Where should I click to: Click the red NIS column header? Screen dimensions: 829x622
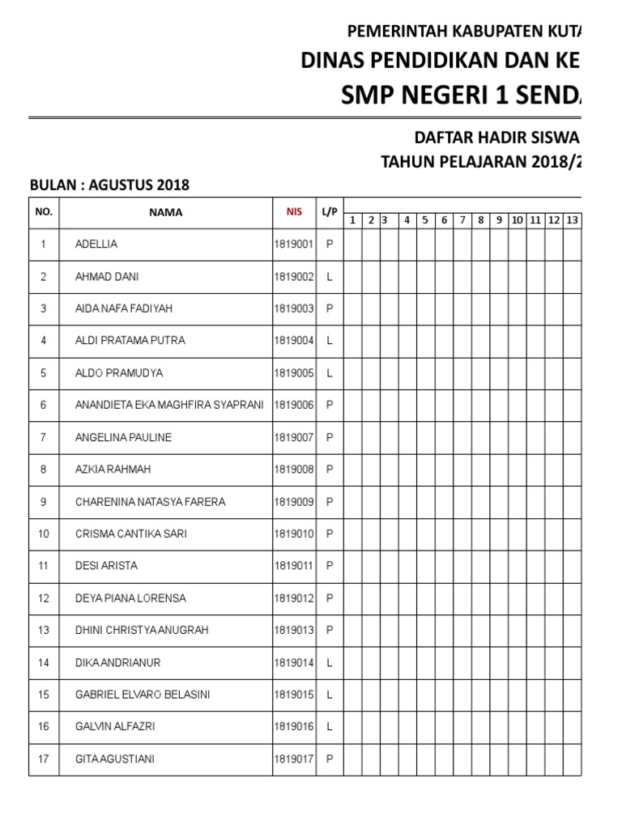293,212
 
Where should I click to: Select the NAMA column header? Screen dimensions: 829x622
165,213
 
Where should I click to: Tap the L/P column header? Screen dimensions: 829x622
329,212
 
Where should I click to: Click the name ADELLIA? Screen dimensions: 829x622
96,244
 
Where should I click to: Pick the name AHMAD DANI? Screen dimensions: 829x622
106,276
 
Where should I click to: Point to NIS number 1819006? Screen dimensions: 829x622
293,405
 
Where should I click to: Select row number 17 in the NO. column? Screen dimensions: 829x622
44,759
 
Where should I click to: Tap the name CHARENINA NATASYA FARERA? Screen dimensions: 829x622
150,502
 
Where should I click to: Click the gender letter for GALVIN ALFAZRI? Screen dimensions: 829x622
330,727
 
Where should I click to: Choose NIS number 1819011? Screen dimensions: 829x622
293,566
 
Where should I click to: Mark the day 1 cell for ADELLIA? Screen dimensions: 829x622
352,244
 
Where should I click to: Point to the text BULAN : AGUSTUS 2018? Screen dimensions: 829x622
109,185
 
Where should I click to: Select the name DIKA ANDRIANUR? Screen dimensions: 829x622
117,662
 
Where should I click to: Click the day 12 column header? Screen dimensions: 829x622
554,220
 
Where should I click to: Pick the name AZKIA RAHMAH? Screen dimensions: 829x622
113,470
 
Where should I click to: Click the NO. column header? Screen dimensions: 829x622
44,212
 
